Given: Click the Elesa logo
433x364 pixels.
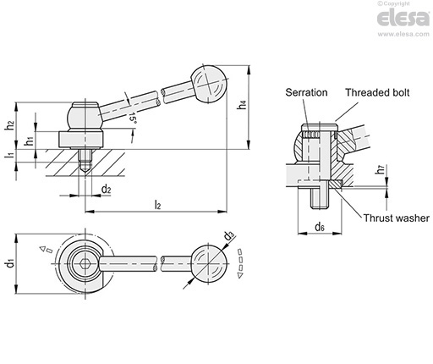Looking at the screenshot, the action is tap(403, 18).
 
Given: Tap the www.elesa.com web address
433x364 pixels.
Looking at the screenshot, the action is tap(403, 34).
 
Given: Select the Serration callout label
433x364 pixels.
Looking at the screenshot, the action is tap(306, 92).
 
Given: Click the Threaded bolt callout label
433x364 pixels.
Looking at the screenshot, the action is tap(377, 92).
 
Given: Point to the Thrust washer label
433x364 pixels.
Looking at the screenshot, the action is tap(396, 218).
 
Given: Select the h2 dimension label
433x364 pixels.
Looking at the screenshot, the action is tap(9, 125).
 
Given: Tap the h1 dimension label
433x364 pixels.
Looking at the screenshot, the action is tap(29, 141).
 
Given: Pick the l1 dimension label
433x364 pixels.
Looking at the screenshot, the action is tap(10, 155).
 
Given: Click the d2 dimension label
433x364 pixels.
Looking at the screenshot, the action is tap(106, 189).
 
